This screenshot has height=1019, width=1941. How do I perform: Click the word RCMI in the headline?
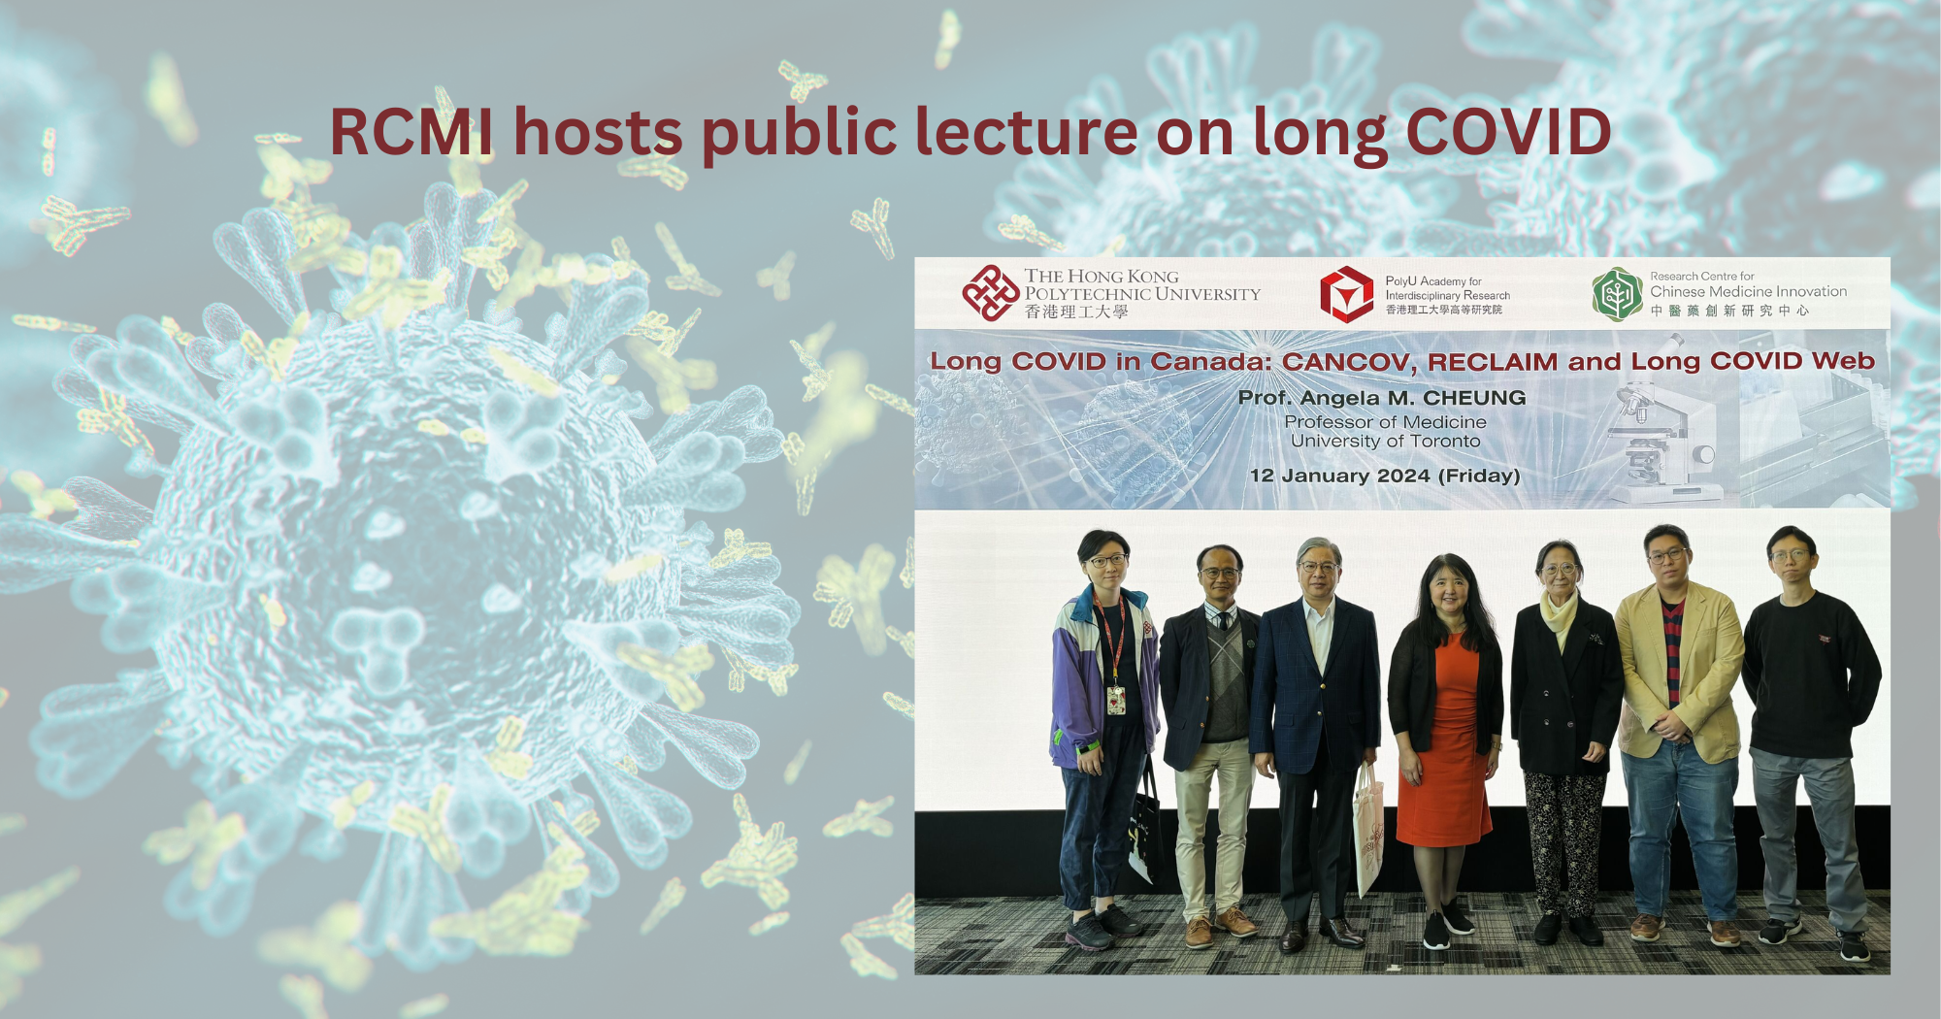click(411, 132)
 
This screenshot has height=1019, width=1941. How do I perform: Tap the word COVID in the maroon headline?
click(1508, 132)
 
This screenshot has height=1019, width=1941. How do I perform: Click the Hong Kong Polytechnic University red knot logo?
click(989, 293)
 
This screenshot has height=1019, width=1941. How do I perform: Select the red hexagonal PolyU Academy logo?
click(1346, 294)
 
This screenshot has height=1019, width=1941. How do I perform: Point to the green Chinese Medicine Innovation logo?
click(1616, 294)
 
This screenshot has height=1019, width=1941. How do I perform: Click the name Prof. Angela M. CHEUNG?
click(1382, 398)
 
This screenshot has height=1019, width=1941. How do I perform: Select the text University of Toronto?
click(1385, 442)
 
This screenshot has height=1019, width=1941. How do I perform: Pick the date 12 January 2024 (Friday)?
click(1385, 476)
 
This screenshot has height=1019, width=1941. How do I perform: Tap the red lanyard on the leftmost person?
click(1113, 636)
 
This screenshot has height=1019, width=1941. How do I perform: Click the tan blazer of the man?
click(1679, 670)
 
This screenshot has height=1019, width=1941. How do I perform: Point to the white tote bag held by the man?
click(1367, 830)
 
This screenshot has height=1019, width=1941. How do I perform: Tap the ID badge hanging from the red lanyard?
click(1116, 700)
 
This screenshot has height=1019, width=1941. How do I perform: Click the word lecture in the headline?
click(1026, 132)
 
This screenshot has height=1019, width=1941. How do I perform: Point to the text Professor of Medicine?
click(1385, 422)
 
